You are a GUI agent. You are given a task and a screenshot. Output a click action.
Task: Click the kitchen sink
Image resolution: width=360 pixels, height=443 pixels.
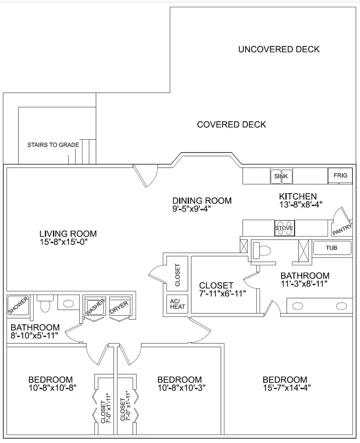point(281,176)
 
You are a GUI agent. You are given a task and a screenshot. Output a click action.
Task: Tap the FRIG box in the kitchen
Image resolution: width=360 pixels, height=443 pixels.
point(340,175)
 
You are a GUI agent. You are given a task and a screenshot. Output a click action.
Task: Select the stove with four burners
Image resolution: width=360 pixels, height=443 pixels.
point(285,228)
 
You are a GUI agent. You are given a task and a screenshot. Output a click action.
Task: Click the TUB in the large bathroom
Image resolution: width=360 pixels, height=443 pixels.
point(332,248)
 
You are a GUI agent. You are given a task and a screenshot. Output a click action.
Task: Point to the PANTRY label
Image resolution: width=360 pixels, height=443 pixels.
point(342,229)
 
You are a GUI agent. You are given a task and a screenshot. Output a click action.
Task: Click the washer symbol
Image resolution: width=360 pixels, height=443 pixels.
point(95,306)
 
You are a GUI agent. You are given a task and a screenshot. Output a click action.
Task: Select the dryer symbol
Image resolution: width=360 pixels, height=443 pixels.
point(120,306)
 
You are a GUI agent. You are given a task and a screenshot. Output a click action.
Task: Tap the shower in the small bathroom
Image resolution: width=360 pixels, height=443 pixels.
point(18,305)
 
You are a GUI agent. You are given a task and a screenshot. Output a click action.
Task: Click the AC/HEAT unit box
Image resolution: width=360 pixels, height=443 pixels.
point(177,304)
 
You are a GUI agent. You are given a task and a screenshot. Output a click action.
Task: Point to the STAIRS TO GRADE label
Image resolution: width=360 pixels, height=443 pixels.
point(53,145)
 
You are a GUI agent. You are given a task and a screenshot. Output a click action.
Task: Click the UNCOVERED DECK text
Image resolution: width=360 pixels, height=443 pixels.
point(279,50)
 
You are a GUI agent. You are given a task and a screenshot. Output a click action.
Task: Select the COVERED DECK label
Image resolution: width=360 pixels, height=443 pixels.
point(232,124)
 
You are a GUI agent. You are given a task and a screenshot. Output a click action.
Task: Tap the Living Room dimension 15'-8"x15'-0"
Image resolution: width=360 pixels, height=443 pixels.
point(64,242)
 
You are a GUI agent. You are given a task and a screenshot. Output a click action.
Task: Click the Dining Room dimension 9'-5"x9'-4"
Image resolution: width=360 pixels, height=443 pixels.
point(192,209)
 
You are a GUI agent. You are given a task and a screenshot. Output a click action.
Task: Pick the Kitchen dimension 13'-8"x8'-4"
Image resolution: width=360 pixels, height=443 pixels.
point(301,204)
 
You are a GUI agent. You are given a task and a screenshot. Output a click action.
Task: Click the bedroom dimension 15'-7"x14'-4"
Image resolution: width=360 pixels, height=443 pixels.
point(287,388)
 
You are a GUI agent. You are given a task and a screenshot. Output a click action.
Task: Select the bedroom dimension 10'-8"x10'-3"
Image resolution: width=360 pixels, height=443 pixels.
point(182,388)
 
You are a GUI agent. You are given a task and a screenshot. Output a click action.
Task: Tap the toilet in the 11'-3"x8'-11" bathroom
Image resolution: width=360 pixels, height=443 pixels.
point(262,251)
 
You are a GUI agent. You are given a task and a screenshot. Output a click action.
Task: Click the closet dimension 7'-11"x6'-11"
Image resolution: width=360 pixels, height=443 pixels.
point(222,294)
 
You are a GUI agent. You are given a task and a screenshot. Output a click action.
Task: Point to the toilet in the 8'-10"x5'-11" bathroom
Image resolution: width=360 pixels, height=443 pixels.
point(45,303)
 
